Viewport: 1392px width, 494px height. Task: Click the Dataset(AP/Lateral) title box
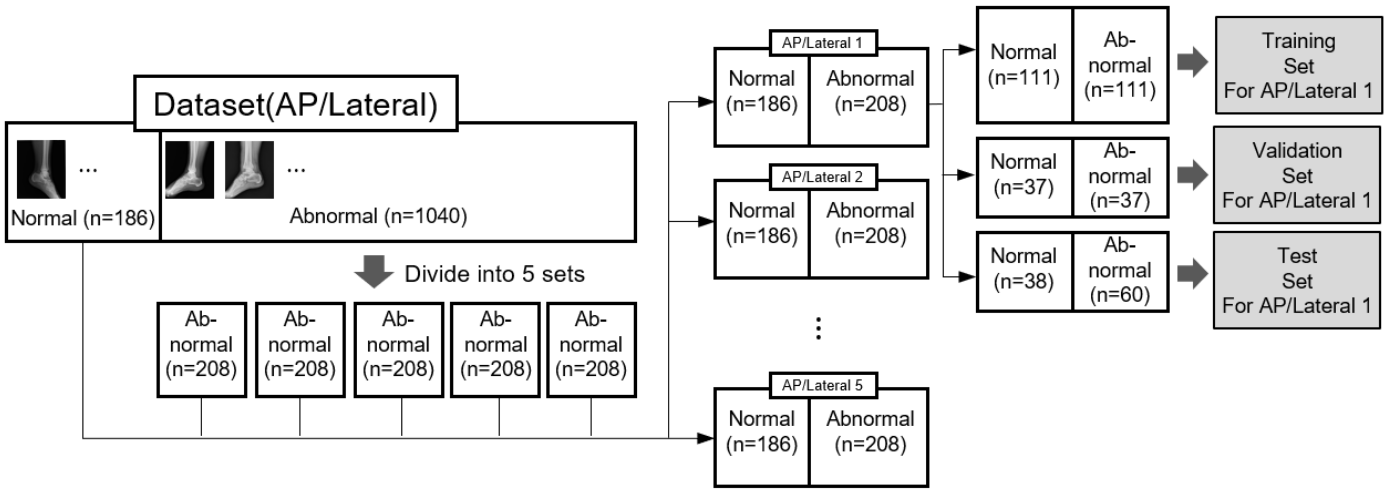pyautogui.click(x=295, y=104)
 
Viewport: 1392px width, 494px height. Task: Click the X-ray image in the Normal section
pyautogui.click(x=41, y=169)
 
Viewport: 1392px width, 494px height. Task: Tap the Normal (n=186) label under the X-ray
pyautogui.click(x=83, y=218)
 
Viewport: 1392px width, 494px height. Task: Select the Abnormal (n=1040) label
pyautogui.click(x=378, y=216)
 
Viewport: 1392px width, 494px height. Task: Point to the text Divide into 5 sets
pyautogui.click(x=494, y=274)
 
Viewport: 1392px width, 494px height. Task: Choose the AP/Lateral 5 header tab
pyautogui.click(x=822, y=385)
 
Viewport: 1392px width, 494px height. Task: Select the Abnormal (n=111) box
pyautogui.click(x=1120, y=65)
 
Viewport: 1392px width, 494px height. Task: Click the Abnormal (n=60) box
pyautogui.click(x=1120, y=270)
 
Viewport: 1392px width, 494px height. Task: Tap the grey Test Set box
pyautogui.click(x=1297, y=281)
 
